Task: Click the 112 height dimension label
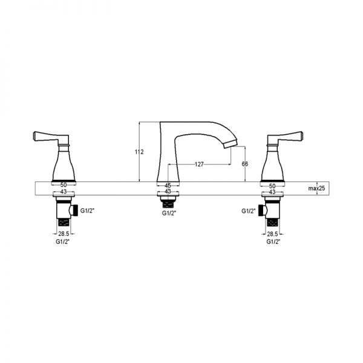(139, 152)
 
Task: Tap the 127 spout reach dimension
(199, 165)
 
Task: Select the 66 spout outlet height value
(244, 164)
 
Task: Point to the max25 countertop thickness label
(316, 188)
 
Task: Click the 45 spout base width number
(168, 186)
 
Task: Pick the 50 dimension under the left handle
(64, 185)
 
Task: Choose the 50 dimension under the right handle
(272, 186)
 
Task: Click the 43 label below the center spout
(168, 191)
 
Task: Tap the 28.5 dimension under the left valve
(64, 234)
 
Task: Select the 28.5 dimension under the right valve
(272, 234)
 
